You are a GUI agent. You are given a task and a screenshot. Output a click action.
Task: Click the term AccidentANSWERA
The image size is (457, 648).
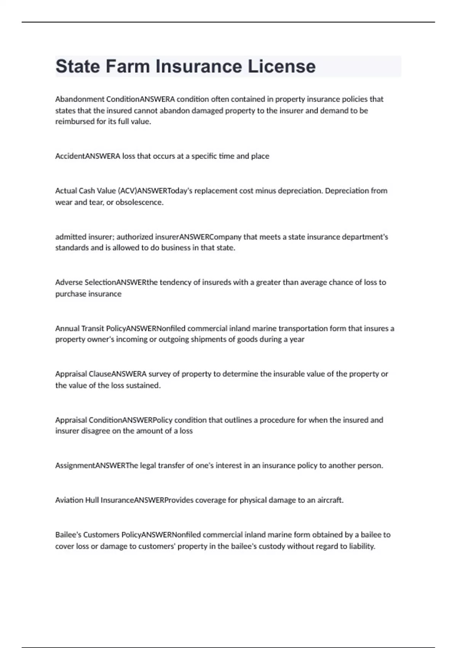[x=88, y=156]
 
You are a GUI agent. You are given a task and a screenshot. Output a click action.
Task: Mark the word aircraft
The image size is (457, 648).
[x=330, y=500]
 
